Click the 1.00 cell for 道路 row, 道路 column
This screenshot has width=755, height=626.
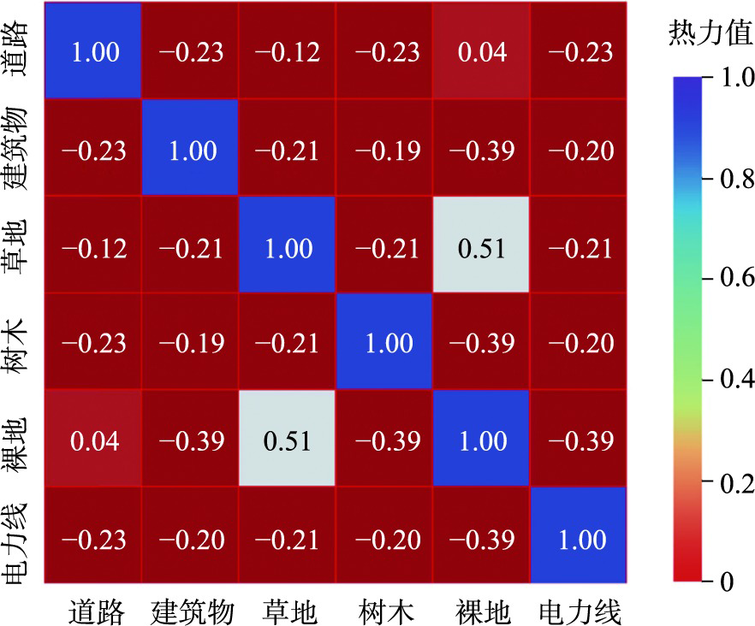click(93, 50)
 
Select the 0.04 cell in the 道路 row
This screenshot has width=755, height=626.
click(481, 50)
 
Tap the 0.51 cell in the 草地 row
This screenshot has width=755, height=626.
click(481, 245)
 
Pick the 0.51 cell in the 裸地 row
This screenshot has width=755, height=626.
click(287, 439)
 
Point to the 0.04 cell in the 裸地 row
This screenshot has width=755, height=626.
click(93, 439)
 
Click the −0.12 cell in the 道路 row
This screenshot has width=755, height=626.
click(287, 50)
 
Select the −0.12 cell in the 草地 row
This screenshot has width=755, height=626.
click(93, 245)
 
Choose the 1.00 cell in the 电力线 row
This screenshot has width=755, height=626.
click(579, 535)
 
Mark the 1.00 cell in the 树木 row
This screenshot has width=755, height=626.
click(384, 341)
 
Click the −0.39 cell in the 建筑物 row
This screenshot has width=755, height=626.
click(481, 147)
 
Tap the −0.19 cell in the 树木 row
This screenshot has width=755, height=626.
click(190, 341)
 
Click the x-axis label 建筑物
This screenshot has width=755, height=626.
click(192, 612)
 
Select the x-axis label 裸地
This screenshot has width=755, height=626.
click(483, 612)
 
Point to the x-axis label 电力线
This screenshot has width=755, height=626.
click(580, 612)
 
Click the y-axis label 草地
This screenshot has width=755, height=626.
click(16, 246)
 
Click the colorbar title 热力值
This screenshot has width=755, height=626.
click(710, 32)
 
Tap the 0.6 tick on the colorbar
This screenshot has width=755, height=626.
click(707, 278)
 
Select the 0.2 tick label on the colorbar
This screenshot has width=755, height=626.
click(737, 483)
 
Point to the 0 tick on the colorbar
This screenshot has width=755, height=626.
click(707, 582)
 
